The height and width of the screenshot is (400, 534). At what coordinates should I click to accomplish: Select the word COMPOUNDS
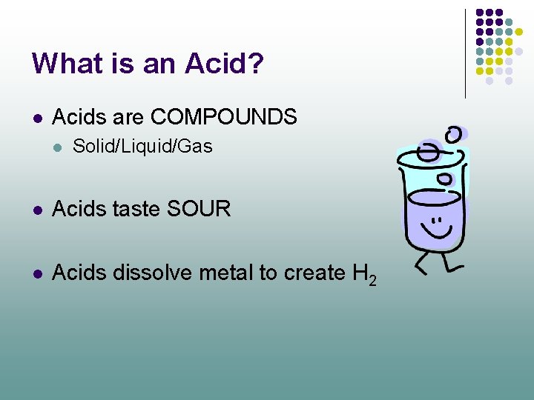click(x=223, y=117)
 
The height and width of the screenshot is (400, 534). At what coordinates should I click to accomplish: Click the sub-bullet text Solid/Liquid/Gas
click(x=142, y=147)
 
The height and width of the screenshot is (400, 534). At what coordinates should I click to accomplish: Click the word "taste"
click(x=137, y=210)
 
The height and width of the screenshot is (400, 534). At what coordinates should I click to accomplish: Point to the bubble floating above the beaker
click(x=454, y=134)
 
